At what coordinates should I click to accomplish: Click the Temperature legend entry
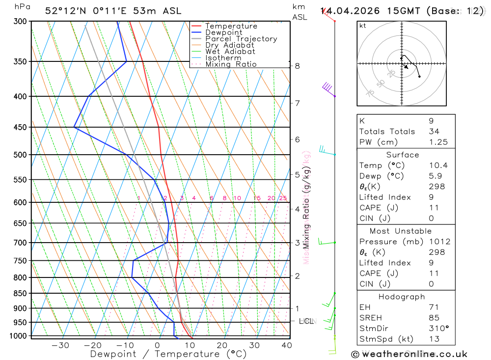click(x=231, y=26)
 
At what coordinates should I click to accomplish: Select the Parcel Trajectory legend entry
click(x=241, y=39)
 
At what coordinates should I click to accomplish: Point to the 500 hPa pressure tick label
click(x=21, y=155)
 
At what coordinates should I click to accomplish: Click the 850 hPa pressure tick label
click(x=21, y=294)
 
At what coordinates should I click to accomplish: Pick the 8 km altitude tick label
click(x=297, y=66)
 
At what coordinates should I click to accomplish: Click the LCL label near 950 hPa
click(x=306, y=321)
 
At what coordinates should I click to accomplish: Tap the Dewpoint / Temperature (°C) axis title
click(x=168, y=354)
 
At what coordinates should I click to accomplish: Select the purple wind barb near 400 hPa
click(x=328, y=89)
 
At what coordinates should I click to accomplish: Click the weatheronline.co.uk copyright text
click(x=409, y=354)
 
